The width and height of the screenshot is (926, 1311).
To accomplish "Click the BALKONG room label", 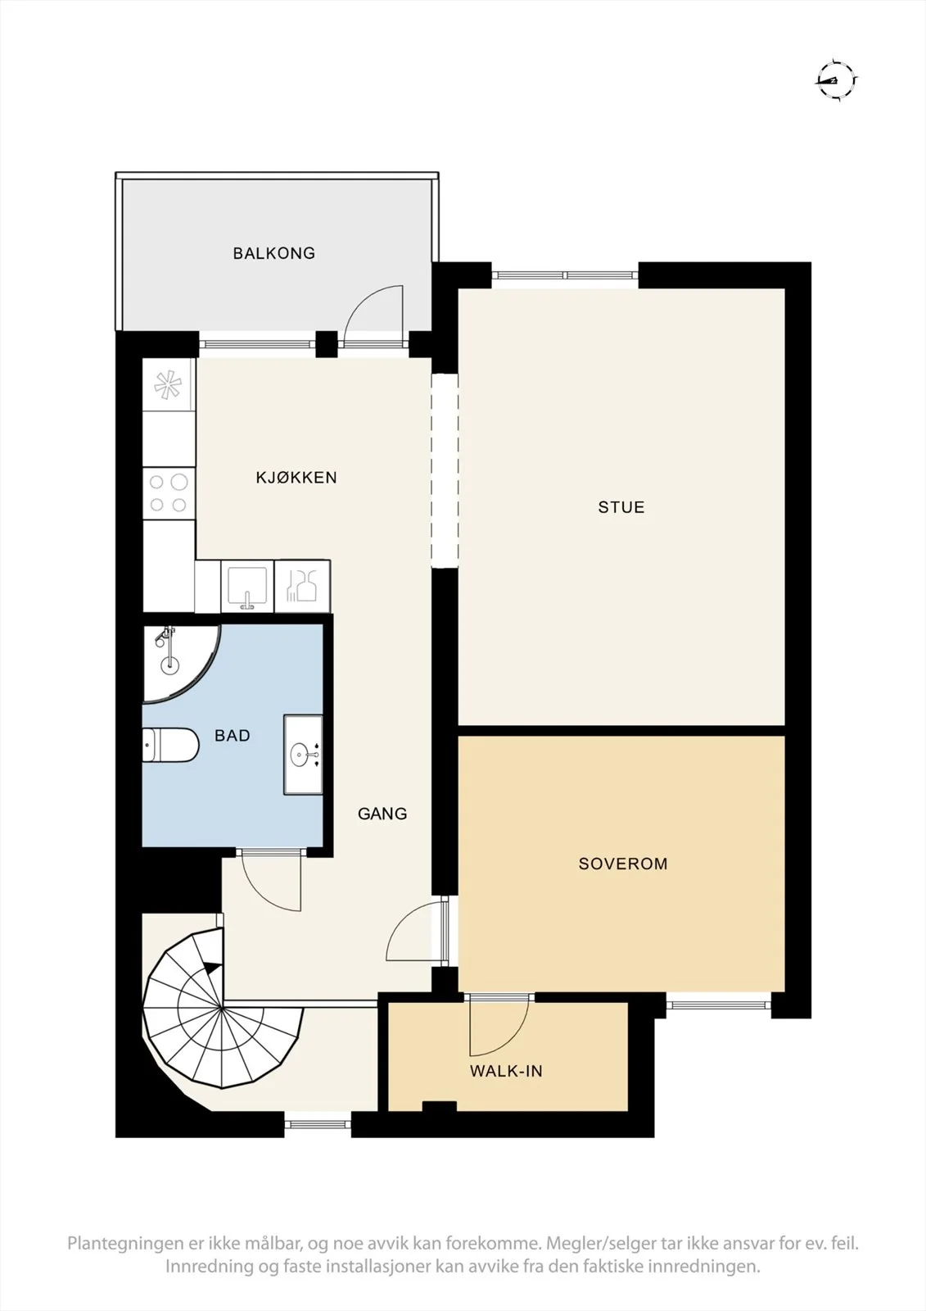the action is tap(273, 253).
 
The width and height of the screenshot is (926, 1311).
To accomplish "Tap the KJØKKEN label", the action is tap(296, 478).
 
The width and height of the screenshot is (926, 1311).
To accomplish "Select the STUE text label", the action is tap(621, 507).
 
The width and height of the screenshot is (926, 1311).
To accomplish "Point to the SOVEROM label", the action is tap(623, 864).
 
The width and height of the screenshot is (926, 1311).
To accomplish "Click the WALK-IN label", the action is tap(506, 1071).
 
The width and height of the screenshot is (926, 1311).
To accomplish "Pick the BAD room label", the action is tap(233, 736).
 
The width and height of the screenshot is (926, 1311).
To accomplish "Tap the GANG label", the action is tap(382, 814).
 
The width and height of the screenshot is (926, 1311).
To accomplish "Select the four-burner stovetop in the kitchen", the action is tap(169, 493).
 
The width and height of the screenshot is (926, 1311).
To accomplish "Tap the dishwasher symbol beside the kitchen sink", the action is tap(302, 587).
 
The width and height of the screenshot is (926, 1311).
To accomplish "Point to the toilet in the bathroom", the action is tap(171, 745).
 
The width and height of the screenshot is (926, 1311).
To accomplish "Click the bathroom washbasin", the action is tap(304, 755).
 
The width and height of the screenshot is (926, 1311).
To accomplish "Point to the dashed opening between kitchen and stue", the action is tap(445, 470).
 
